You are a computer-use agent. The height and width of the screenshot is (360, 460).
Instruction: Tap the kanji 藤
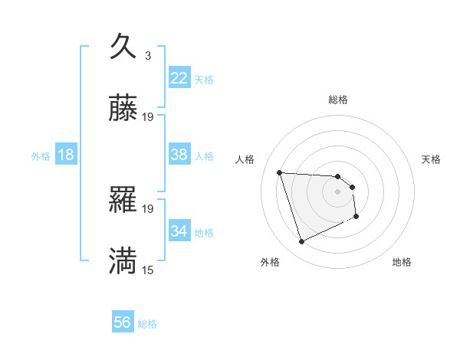(123, 109)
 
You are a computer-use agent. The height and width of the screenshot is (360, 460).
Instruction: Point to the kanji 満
(123, 260)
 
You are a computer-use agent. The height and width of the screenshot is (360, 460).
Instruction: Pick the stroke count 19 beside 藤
(148, 117)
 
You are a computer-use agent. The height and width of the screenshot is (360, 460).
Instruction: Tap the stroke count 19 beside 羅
(148, 208)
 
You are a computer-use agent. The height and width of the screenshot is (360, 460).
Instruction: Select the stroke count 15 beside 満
(148, 270)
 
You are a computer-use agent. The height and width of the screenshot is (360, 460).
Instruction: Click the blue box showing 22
(179, 78)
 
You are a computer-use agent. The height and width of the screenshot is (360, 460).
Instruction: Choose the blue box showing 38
(179, 155)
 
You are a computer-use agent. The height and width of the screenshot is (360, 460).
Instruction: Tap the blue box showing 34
(179, 231)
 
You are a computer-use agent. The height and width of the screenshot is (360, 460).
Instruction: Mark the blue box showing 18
(66, 155)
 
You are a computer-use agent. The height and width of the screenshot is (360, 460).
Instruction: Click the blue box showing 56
(123, 322)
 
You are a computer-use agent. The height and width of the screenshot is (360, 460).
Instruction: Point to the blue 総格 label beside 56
(147, 324)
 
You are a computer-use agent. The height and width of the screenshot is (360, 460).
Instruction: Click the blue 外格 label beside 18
(41, 156)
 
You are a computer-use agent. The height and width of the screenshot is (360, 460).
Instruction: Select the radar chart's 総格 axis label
(338, 100)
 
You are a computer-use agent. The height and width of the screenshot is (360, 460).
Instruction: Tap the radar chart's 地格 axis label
(402, 263)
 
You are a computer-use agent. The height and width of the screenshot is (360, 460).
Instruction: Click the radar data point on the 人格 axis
(280, 172)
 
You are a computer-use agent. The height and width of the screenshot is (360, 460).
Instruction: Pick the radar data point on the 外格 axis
(301, 242)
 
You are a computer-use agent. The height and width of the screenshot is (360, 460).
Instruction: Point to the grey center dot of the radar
(338, 192)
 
